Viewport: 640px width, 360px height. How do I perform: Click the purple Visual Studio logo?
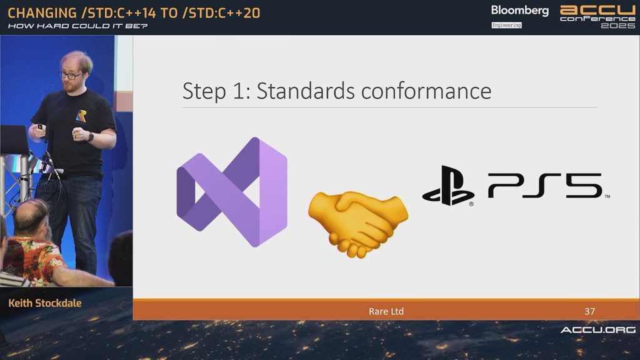pos(232,192)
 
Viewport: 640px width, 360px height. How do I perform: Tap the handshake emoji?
pos(358,224)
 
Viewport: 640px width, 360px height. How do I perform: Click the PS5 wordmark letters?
pos(545,186)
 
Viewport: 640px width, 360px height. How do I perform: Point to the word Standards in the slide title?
pos(306,91)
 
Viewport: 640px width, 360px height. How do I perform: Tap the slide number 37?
pos(589,311)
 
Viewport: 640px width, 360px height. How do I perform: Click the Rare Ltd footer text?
pos(386,311)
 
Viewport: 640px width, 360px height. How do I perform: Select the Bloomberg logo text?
pos(519,11)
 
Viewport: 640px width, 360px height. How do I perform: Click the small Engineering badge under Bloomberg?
pos(506,25)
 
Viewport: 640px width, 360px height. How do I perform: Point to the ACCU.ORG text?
pos(598,330)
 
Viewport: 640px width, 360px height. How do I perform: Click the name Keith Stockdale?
pos(45,303)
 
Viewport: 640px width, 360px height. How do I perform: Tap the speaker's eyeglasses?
pos(69,76)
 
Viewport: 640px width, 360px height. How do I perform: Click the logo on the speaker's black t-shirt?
pos(81,117)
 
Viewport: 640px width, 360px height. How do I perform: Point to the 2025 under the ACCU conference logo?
pos(618,25)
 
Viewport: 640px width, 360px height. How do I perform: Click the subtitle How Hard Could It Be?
pos(77,26)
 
